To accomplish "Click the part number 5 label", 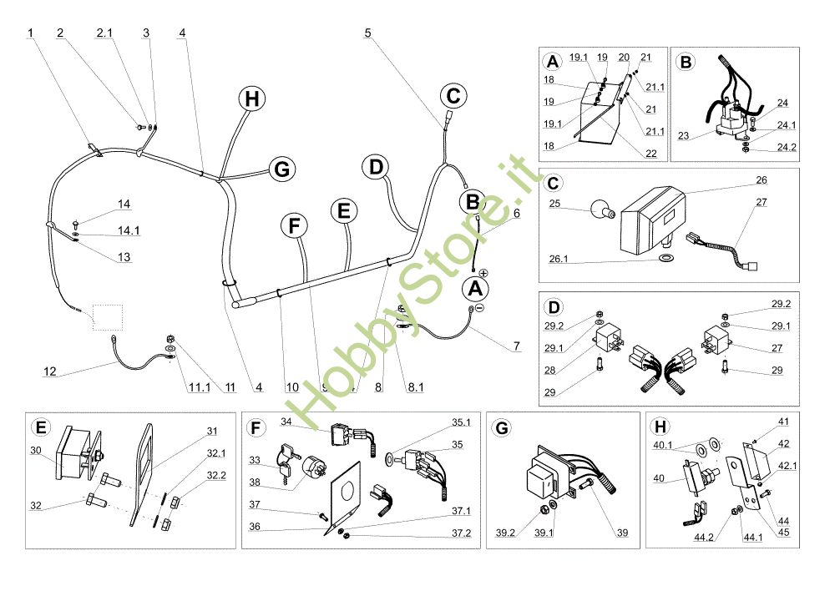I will coord(367,33).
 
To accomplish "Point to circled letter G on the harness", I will coord(283,169).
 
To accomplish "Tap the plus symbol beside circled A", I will coord(483,273).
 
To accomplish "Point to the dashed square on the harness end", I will coord(107,318).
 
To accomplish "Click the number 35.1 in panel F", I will coord(461,423).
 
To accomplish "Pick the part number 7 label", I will coord(517,346).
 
